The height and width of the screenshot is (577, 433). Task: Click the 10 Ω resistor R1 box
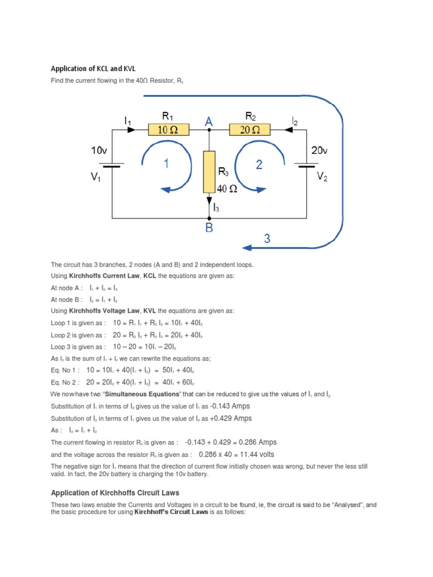168,130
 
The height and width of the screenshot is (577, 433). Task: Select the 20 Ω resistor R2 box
250,130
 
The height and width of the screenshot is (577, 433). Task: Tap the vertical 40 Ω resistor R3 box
209,171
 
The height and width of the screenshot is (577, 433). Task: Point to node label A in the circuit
209,121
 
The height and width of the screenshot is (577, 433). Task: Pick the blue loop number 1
167,165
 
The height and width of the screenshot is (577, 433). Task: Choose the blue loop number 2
259,165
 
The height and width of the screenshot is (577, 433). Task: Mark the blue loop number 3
267,238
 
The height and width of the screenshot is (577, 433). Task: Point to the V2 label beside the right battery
322,176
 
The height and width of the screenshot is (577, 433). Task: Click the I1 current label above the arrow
128,121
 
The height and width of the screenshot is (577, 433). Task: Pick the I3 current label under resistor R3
215,208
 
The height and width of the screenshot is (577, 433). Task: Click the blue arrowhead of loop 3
246,247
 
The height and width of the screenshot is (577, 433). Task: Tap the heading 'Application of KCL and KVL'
93,69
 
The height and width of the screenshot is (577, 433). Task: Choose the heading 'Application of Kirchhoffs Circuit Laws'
115,493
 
